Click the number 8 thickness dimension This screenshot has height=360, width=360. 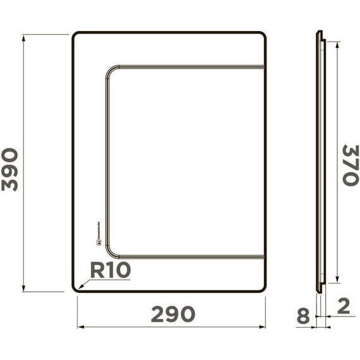(303, 316)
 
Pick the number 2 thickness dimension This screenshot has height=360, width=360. (344, 307)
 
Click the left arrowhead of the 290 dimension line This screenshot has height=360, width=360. (80, 327)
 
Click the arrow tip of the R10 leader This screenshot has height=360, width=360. (78, 290)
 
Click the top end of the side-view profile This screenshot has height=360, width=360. (319, 32)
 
